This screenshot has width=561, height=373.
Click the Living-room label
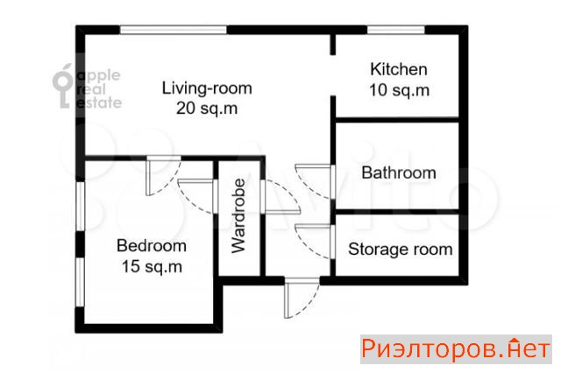(207, 88)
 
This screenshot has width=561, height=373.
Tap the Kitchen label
(399, 69)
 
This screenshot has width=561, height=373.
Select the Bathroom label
(399, 172)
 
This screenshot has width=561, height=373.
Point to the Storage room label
(401, 250)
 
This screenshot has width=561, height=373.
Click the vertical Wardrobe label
(238, 216)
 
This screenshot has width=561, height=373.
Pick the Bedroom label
(152, 246)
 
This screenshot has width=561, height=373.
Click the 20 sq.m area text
(207, 109)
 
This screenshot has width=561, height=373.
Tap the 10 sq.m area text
(400, 89)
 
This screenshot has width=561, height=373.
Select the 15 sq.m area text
(152, 266)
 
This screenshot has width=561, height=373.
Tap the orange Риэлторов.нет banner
(456, 349)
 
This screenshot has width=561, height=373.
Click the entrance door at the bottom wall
(302, 299)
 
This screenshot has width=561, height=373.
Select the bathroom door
(315, 181)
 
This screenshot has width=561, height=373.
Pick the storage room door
(315, 241)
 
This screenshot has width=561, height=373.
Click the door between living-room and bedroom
(164, 176)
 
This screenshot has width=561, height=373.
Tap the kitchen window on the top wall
(396, 30)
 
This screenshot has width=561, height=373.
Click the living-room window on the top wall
(174, 30)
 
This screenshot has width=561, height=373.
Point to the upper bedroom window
(80, 206)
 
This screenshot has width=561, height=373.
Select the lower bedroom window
(80, 282)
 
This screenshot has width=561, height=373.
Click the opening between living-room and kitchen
(333, 75)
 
